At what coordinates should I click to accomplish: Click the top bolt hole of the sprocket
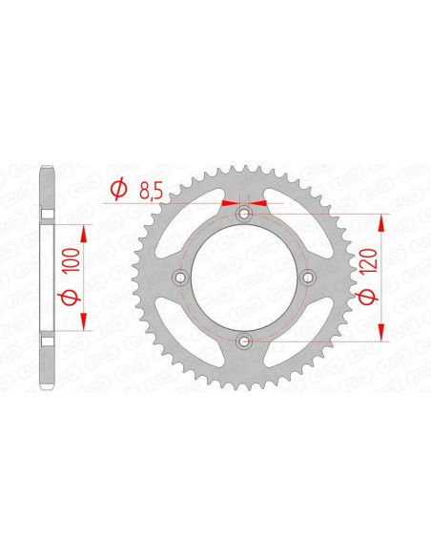pyautogui.click(x=244, y=214)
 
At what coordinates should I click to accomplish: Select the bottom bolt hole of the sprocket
pyautogui.click(x=244, y=340)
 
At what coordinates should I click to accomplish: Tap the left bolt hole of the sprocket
pyautogui.click(x=180, y=278)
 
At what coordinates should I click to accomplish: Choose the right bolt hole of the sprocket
pyautogui.click(x=307, y=278)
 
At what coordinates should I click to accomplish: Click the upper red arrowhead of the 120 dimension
pyautogui.click(x=383, y=222)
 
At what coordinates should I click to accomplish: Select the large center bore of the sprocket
pyautogui.click(x=244, y=278)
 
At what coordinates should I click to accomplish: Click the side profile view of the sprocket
pyautogui.click(x=45, y=278)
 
